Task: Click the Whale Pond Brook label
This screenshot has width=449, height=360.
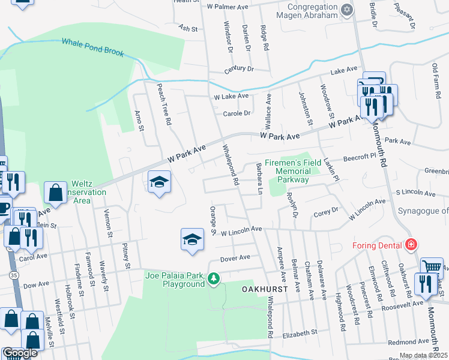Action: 92,47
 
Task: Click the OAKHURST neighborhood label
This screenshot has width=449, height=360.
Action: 265,289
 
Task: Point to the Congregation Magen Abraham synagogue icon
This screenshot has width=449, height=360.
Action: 346,10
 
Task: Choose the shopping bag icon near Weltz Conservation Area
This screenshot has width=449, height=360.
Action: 55,193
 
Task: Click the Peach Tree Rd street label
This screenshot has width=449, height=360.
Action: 164,103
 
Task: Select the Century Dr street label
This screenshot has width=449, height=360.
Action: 238,69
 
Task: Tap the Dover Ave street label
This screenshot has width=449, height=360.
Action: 235,258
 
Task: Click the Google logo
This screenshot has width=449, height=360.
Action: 20,353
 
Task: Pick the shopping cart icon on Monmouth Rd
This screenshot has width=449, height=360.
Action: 431,268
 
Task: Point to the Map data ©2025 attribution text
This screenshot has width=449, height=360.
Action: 423,355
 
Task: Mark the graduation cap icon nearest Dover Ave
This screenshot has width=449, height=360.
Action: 191,240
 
